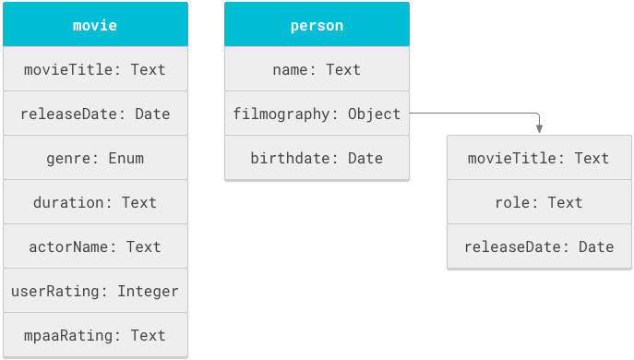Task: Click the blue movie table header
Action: (x=95, y=25)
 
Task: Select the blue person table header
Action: (x=317, y=25)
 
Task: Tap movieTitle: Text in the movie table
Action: (x=95, y=69)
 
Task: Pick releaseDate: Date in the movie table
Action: (x=95, y=114)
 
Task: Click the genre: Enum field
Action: (x=95, y=158)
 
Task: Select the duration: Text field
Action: (x=95, y=202)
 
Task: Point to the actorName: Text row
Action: (x=95, y=246)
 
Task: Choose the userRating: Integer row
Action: (x=95, y=291)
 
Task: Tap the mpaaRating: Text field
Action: (x=95, y=335)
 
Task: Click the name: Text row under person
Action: (x=317, y=69)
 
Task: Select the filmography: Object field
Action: (x=317, y=114)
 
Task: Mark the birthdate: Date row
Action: (x=317, y=158)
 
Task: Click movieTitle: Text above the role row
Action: (x=539, y=158)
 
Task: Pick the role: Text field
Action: (x=539, y=202)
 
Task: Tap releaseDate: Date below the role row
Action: (x=539, y=246)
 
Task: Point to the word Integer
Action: (x=148, y=291)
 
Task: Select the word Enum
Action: (x=126, y=158)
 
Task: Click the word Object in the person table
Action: (x=374, y=114)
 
